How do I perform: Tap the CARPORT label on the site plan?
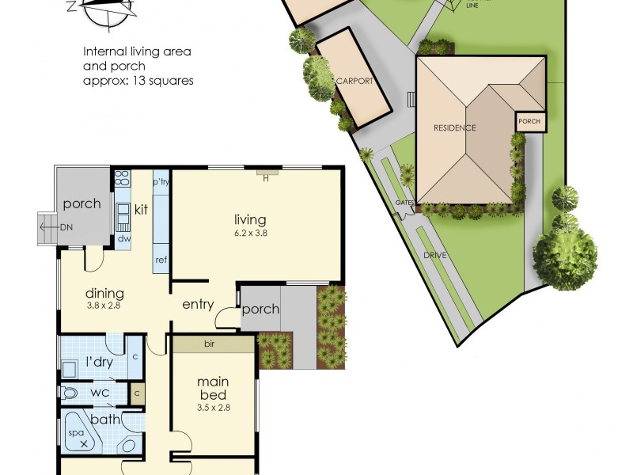tap(354, 81)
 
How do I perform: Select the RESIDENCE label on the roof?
tap(454, 127)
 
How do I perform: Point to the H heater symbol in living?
tap(267, 177)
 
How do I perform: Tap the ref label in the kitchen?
tap(161, 260)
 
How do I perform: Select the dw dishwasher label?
tap(123, 238)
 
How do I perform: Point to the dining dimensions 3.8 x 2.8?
tap(104, 305)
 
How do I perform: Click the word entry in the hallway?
tap(198, 304)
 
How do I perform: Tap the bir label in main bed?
tap(210, 344)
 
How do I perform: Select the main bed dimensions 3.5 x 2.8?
tap(213, 408)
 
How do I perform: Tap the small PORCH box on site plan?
tap(529, 122)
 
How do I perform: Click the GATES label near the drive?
tap(405, 203)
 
